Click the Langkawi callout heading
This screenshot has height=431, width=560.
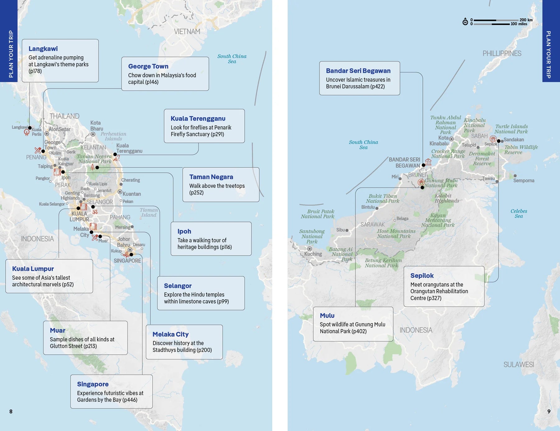(x=43, y=49)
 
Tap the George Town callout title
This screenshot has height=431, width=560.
(x=148, y=66)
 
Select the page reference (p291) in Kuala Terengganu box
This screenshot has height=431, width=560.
(x=217, y=134)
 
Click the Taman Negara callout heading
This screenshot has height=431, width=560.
(x=211, y=177)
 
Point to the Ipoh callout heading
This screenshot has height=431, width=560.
(x=184, y=231)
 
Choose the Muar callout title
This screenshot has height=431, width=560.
(x=58, y=330)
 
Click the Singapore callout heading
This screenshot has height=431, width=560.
(x=93, y=384)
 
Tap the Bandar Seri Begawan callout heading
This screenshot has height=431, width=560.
(x=358, y=71)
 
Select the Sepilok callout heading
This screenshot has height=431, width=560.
(x=422, y=275)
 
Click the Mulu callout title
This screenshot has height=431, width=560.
(x=327, y=315)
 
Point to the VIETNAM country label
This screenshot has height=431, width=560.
(x=187, y=31)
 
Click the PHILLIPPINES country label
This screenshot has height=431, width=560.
(x=502, y=53)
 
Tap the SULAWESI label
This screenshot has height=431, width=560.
(x=519, y=364)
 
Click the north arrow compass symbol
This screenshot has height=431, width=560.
(x=465, y=21)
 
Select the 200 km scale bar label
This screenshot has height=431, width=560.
(x=526, y=20)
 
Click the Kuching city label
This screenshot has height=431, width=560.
(x=313, y=254)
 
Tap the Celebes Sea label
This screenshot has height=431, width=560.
(x=519, y=213)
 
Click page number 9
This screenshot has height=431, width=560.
(x=549, y=411)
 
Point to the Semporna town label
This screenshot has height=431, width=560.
(x=524, y=180)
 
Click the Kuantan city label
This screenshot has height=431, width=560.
(x=132, y=194)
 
